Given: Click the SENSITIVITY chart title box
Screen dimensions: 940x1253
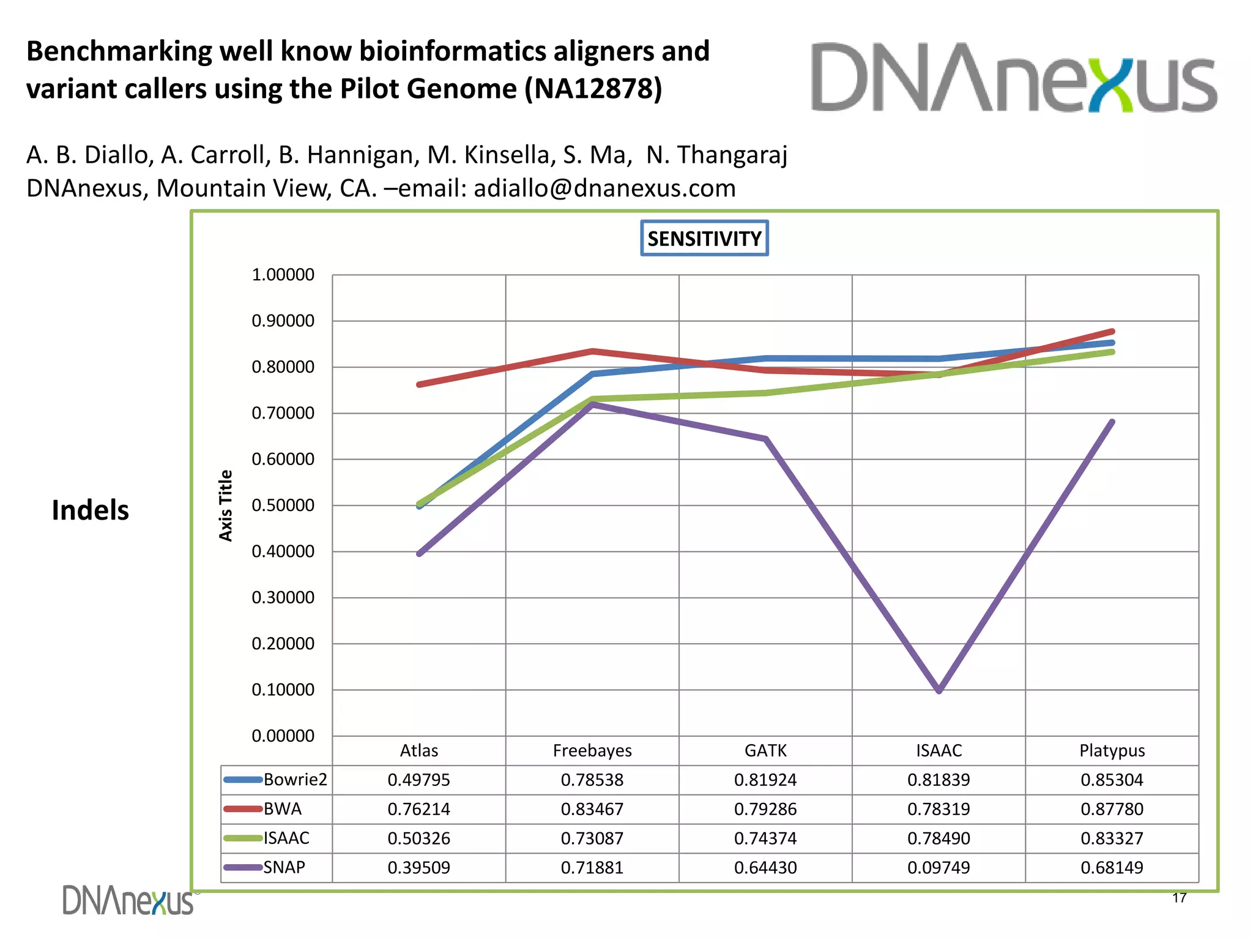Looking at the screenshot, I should pos(704,238).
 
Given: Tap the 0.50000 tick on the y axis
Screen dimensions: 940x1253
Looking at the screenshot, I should pos(283,505).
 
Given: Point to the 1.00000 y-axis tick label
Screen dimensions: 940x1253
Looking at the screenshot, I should pos(283,275).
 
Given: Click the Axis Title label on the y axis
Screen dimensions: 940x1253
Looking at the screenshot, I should pos(226,505).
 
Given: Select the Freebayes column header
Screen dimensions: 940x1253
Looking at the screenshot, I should pos(592,750).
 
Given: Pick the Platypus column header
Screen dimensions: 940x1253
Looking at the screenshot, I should pos(1112,750).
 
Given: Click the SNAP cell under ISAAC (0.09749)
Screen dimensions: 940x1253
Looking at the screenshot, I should pos(939,867).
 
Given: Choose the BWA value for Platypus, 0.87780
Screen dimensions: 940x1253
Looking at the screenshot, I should pos(1112,809).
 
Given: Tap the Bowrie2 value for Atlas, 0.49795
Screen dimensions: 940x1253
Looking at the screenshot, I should pos(418,780).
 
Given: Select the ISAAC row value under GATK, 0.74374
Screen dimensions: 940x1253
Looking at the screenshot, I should pos(765,838).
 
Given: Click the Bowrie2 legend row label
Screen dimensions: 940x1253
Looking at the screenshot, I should pos(296,780).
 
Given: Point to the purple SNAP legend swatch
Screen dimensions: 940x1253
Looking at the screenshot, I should pos(243,867).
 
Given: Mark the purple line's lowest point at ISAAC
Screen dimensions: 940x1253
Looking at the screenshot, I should pos(939,690).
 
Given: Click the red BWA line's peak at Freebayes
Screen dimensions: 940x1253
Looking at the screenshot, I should pos(592,351).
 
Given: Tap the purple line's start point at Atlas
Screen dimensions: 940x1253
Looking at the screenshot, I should pos(419,554).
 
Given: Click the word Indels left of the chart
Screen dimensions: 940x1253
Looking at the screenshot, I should pos(90,510).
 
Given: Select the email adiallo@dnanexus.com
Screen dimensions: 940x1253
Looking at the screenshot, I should pos(604,188).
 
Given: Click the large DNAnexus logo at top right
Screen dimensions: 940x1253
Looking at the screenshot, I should pos(1014,78).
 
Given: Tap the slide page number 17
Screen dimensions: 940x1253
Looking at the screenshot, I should pos(1179,898).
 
